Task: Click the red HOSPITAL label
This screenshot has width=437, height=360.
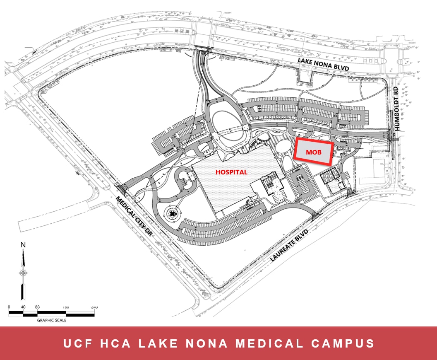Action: pyautogui.click(x=231, y=172)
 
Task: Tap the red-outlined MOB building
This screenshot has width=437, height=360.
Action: pyautogui.click(x=313, y=152)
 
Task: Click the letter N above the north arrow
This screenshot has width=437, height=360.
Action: pyautogui.click(x=23, y=244)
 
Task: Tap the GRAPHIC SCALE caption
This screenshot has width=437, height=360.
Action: pyautogui.click(x=52, y=320)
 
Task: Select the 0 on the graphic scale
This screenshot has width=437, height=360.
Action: pyautogui.click(x=9, y=307)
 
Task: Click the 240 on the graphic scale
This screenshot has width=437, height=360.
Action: pyautogui.click(x=94, y=307)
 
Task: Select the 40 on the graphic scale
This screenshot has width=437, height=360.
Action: pyautogui.click(x=23, y=307)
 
